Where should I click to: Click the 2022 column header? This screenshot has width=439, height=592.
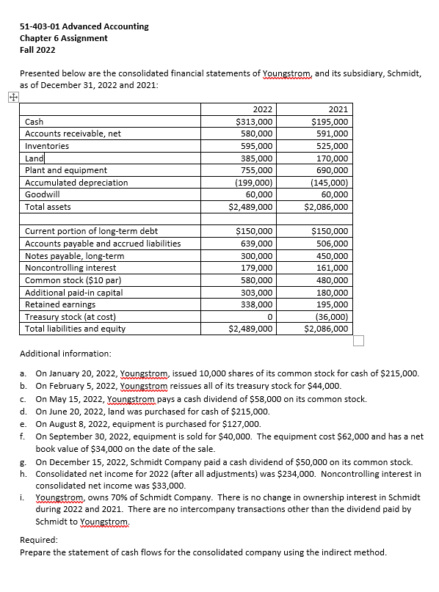(x=253, y=109)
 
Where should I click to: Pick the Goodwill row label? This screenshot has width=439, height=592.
(x=43, y=194)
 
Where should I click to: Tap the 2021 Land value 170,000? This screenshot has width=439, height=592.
(x=330, y=158)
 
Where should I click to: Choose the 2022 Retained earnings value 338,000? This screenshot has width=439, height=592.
(x=257, y=304)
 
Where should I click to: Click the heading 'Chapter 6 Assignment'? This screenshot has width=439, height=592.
(x=64, y=38)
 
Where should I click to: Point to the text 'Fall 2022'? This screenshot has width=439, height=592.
(x=37, y=50)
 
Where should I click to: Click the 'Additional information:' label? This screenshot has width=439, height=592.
(x=68, y=352)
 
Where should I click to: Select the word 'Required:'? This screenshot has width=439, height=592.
(x=40, y=540)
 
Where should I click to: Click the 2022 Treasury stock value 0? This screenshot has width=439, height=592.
(x=270, y=316)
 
